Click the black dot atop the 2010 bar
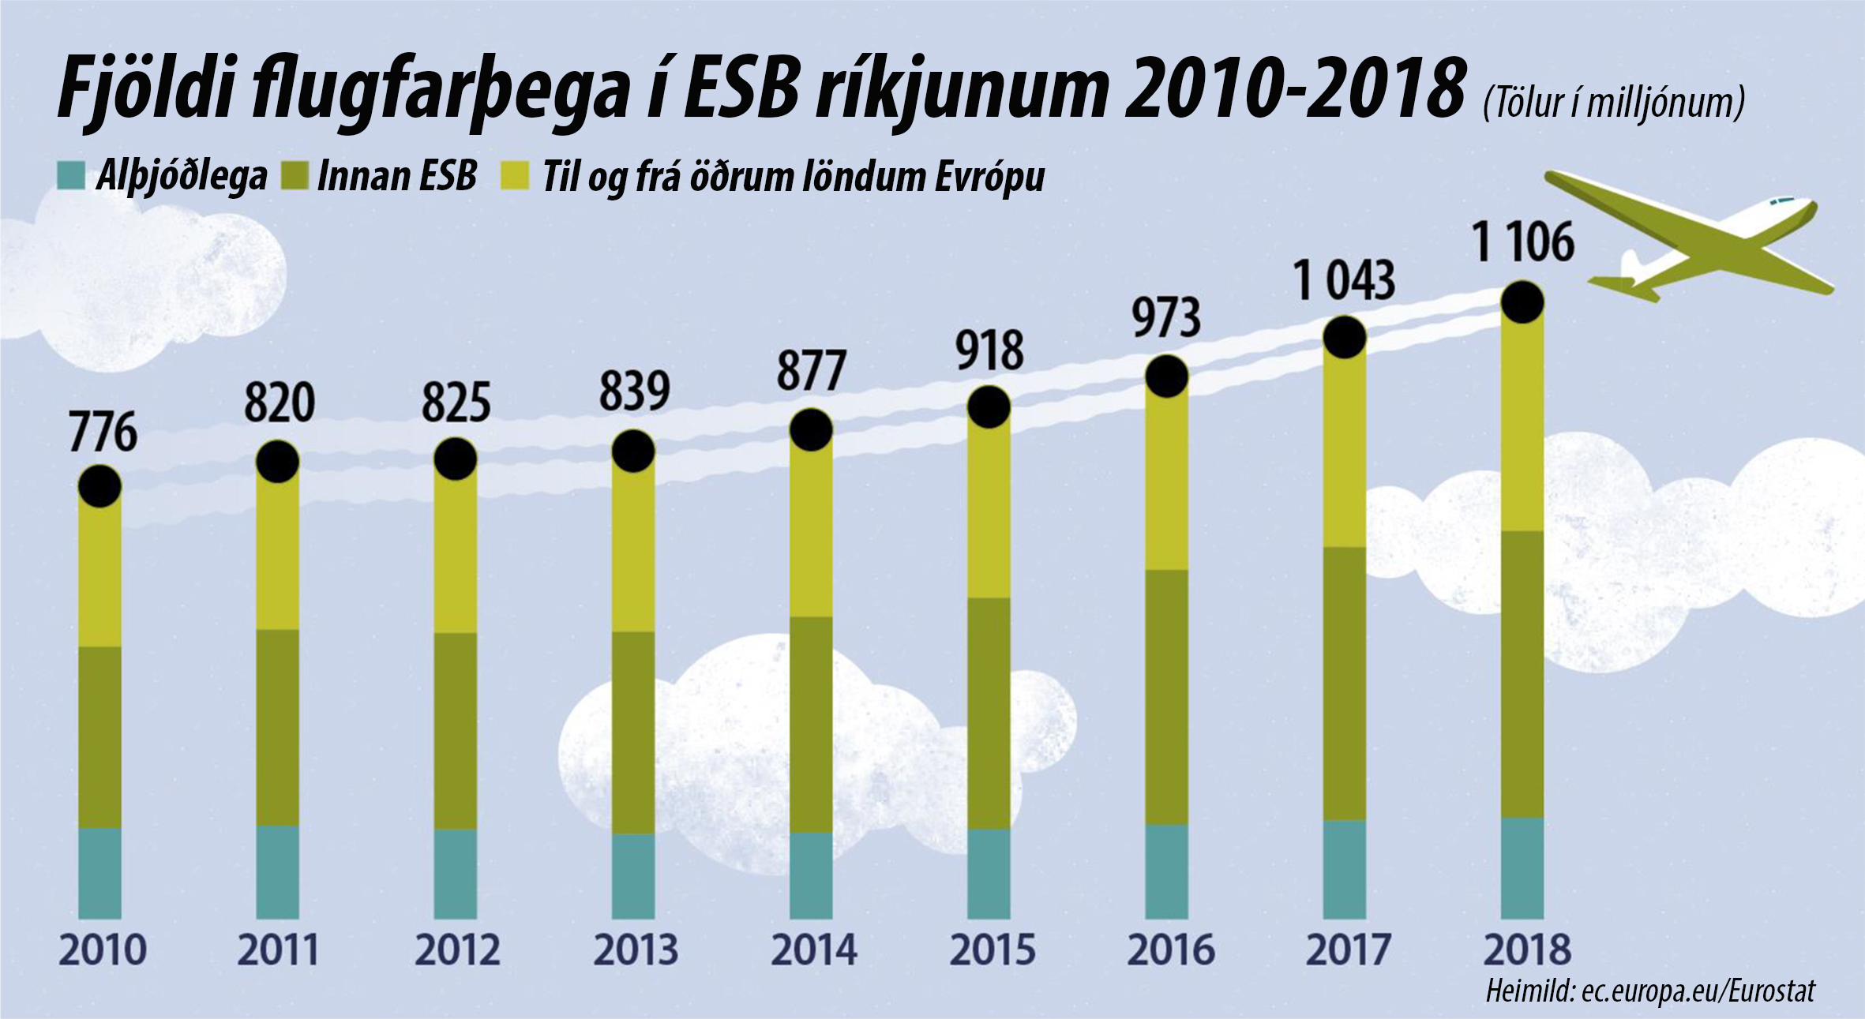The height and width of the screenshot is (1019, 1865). [x=99, y=485]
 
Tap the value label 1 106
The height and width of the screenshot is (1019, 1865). [x=1523, y=242]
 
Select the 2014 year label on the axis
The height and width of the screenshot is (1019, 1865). [x=813, y=950]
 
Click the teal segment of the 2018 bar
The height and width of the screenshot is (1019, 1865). [x=1522, y=868]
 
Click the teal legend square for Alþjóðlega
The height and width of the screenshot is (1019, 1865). [x=71, y=175]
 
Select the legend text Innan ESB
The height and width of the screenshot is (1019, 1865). [x=396, y=175]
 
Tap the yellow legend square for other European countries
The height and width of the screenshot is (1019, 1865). [x=515, y=175]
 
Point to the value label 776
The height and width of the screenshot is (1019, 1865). [x=103, y=433]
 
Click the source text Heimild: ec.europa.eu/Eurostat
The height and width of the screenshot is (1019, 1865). [x=1650, y=991]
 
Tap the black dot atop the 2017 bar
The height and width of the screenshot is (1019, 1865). [x=1344, y=337]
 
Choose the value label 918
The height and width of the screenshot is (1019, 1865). [x=990, y=351]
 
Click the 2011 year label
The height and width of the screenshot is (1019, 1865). [x=278, y=950]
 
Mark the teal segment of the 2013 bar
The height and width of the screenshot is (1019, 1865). [x=633, y=876]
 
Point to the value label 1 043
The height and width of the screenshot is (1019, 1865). [x=1345, y=281]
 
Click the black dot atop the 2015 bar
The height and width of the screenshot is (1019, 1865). [x=989, y=407]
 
